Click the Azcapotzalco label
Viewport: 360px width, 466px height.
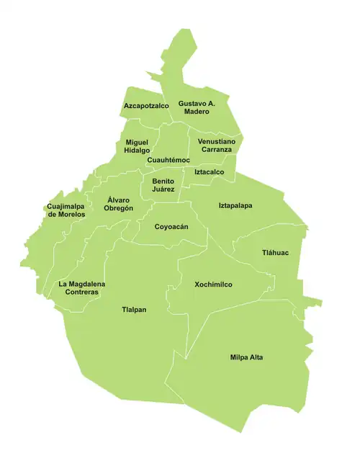click(x=146, y=106)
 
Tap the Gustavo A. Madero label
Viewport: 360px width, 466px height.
click(x=197, y=107)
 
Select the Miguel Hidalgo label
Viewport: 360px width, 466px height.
click(x=137, y=146)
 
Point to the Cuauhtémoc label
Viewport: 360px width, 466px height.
click(x=168, y=160)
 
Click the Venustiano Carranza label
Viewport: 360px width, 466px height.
click(x=216, y=146)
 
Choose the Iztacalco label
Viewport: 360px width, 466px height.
click(x=210, y=172)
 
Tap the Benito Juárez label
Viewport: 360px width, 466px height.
click(x=163, y=186)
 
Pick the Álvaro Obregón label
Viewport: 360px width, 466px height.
click(x=120, y=203)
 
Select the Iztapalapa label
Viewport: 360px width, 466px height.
click(x=235, y=206)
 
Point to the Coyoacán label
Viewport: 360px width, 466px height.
click(x=171, y=227)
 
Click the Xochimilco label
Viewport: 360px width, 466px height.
click(x=213, y=284)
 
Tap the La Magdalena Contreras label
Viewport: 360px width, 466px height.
click(x=82, y=288)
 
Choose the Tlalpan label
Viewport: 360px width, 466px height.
click(x=134, y=310)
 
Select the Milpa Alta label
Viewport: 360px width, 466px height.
click(x=246, y=357)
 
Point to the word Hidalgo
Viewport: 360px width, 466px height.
click(x=137, y=151)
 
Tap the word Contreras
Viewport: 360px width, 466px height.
click(x=82, y=292)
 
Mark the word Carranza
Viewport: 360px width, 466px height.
click(x=216, y=151)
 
